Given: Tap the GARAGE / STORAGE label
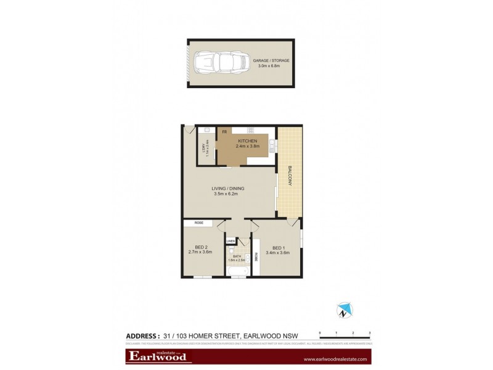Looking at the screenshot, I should point(271,60).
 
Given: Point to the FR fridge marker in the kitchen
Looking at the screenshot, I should point(225,131).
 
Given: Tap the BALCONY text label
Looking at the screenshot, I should point(288,178).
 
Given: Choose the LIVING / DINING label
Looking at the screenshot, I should point(226,187).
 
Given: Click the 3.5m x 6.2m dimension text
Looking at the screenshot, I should point(226,194).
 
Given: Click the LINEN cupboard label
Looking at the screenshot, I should point(230,241).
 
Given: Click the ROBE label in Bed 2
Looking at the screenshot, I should point(198,223).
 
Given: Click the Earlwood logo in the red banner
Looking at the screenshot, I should point(157,357).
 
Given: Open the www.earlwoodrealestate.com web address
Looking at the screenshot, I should point(335,359).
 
